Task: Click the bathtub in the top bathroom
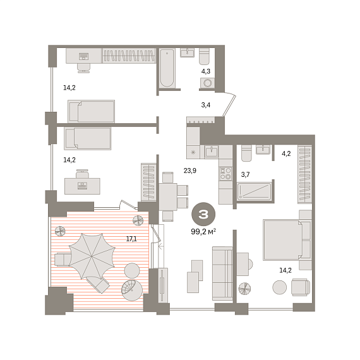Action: [x=167, y=68]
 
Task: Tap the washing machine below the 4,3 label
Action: [x=208, y=83]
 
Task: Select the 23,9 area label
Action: [x=190, y=171]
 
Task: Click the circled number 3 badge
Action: [x=203, y=214]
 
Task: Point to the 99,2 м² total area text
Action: [x=203, y=232]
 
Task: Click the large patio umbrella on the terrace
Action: [x=92, y=256]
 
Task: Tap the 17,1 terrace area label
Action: [x=131, y=239]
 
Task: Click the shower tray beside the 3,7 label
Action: [x=254, y=191]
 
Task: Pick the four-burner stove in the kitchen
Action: [x=225, y=174]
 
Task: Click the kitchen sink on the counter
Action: [x=212, y=152]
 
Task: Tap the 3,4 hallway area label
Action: [x=206, y=105]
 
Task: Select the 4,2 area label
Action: [x=286, y=153]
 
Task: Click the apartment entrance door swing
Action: [x=230, y=104]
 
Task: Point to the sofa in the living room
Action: [x=222, y=273]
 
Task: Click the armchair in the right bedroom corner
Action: [x=301, y=287]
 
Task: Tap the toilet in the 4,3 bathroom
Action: [x=204, y=56]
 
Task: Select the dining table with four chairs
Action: [x=171, y=196]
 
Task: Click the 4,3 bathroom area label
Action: [x=206, y=71]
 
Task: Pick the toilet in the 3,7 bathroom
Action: [x=246, y=153]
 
